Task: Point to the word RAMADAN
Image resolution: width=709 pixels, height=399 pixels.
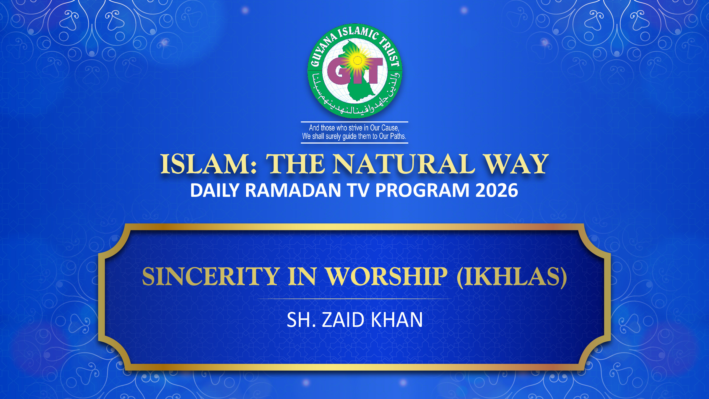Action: [293, 190]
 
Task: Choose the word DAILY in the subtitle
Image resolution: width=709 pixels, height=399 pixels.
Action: [215, 190]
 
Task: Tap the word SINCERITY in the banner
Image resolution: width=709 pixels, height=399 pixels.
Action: [211, 276]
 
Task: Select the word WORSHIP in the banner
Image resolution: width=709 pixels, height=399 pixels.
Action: [386, 276]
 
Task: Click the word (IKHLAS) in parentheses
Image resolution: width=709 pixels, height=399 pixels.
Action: [512, 277]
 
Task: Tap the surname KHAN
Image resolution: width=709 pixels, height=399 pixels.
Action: [397, 320]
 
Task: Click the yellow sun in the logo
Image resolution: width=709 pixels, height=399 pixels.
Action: [357, 61]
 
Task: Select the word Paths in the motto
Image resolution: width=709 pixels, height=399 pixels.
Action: [398, 136]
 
